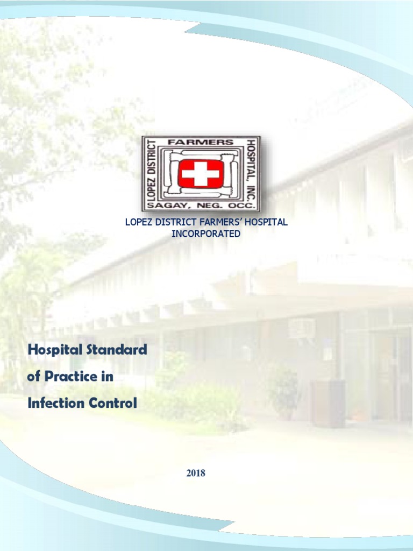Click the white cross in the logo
coord(201,173)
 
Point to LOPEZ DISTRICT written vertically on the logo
coord(151,173)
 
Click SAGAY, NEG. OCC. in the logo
coord(201,205)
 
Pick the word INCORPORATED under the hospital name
coord(206,234)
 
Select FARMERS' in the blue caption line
coord(221,222)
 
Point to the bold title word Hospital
coord(54,350)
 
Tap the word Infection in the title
coord(52,402)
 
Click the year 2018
coord(196,474)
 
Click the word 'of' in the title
coord(33,377)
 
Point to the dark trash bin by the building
coord(327,403)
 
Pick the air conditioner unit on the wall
coord(302,328)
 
